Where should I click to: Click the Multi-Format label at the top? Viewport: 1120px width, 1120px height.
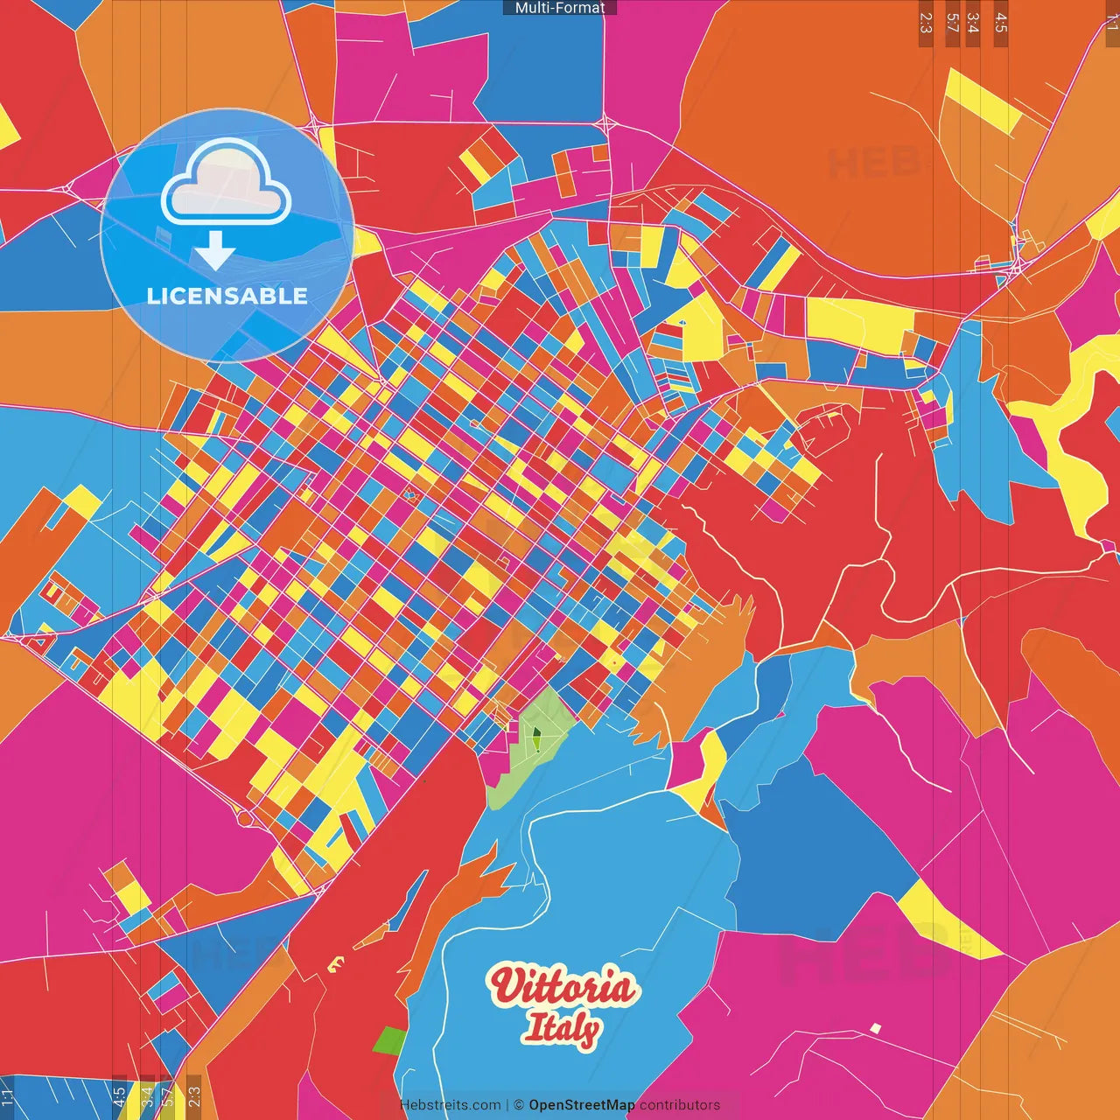click(560, 8)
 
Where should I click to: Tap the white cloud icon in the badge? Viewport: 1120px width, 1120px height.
click(226, 182)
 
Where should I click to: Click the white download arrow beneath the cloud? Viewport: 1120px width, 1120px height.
click(215, 250)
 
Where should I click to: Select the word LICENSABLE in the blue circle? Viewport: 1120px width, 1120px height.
click(227, 296)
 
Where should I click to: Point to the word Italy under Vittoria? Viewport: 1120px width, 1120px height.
click(561, 1028)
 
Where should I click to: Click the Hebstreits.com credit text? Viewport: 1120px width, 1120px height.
click(450, 1105)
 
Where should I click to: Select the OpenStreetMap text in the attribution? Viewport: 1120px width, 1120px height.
click(581, 1105)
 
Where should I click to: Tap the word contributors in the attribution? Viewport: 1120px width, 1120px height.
click(680, 1105)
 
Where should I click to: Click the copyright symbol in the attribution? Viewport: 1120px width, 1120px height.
click(518, 1105)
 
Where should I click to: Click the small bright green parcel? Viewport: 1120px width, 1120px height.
click(389, 1041)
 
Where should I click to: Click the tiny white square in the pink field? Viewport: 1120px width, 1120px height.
click(875, 1028)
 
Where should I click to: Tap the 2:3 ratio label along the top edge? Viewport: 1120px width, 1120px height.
click(926, 23)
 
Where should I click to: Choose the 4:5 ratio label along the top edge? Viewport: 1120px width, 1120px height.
click(1001, 23)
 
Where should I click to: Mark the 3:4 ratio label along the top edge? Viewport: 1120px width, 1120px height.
click(973, 23)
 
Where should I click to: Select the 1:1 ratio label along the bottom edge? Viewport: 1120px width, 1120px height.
click(8, 1097)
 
